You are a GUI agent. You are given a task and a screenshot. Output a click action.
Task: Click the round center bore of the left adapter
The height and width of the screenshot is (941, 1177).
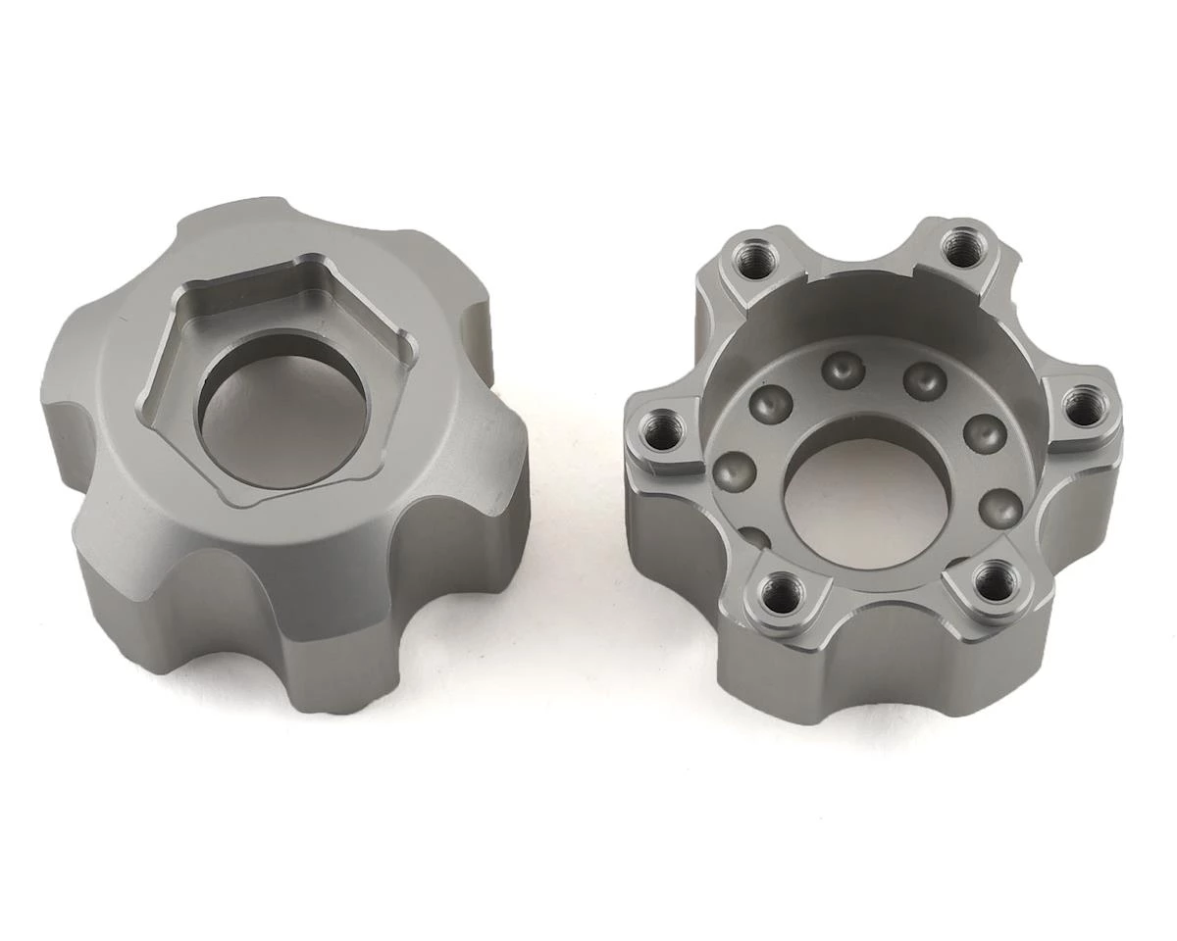click(x=281, y=412)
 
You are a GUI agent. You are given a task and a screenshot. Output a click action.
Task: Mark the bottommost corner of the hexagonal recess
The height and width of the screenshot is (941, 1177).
click(x=233, y=503)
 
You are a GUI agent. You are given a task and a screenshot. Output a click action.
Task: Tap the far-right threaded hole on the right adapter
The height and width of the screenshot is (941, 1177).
click(x=1081, y=408)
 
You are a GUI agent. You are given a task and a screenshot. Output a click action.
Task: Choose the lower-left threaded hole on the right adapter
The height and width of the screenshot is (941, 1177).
click(x=783, y=592)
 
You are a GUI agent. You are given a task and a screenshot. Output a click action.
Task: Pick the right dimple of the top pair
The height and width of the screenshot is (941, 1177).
click(x=924, y=380)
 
